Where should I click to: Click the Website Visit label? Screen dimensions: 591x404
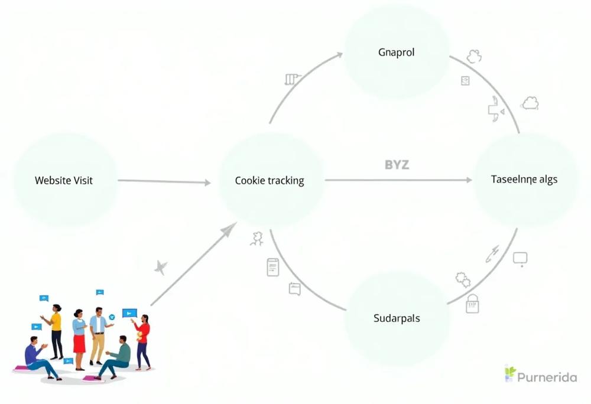click(x=64, y=180)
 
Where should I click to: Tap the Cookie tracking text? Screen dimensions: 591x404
click(x=269, y=181)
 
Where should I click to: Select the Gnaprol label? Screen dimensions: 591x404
click(x=396, y=53)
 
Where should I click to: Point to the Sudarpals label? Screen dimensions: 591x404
click(x=397, y=318)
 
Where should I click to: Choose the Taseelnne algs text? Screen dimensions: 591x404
click(x=524, y=179)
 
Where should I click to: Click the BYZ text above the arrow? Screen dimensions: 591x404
click(x=397, y=165)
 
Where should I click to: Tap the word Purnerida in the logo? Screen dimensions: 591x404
click(x=547, y=377)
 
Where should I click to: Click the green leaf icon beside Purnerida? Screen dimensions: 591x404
click(x=510, y=373)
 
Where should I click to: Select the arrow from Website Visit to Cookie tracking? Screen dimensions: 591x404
click(x=164, y=181)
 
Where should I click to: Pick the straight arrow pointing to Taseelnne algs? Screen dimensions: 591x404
click(x=398, y=180)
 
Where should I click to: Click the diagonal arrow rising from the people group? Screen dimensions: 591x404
click(x=193, y=264)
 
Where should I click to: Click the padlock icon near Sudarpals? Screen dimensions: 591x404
click(x=472, y=304)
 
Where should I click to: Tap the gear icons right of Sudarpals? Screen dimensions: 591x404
click(x=463, y=280)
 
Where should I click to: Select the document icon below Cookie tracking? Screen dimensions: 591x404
click(x=273, y=268)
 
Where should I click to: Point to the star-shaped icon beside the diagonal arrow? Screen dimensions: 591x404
click(x=161, y=268)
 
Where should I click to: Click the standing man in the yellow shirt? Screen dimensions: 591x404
click(x=54, y=331)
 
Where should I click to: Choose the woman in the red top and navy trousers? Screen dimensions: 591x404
click(x=143, y=341)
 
